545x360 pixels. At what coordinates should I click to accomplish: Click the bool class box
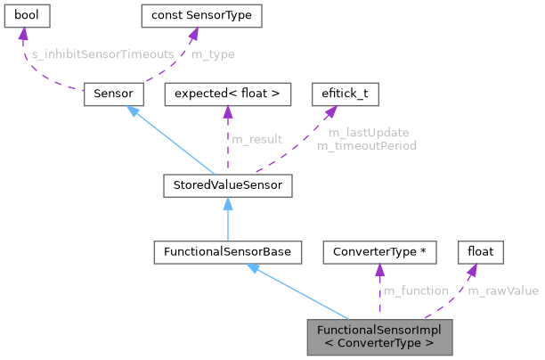point(27,17)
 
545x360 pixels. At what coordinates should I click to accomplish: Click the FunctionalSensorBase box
point(227,252)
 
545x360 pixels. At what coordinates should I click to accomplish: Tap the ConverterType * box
point(379,252)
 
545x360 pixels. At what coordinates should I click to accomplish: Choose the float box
point(481,252)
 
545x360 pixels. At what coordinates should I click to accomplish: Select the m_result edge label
point(256,138)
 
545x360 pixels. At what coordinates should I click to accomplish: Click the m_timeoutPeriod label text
point(367,144)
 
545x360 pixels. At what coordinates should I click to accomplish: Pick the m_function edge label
point(414,290)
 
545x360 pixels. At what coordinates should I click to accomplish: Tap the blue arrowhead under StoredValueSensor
point(228,202)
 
